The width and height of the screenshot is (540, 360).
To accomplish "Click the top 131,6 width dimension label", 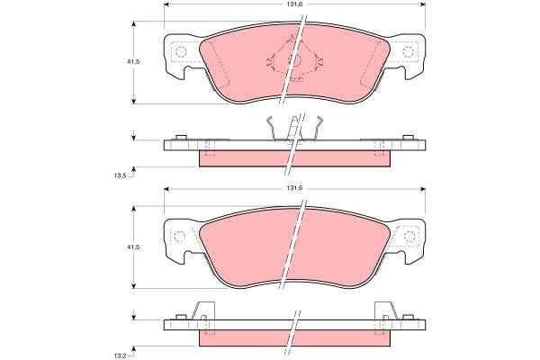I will click(x=294, y=5).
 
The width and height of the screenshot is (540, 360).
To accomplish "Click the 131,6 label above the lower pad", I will click(x=294, y=188).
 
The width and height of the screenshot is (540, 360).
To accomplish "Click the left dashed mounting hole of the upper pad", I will click(x=180, y=51).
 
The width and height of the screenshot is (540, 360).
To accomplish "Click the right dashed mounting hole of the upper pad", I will click(x=410, y=51).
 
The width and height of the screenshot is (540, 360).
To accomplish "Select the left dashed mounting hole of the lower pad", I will click(x=180, y=237).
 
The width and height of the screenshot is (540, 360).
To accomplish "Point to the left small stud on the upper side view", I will click(x=181, y=137).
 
